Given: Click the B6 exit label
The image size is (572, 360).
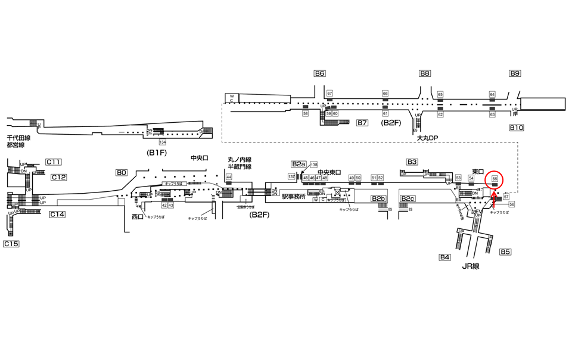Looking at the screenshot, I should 320,73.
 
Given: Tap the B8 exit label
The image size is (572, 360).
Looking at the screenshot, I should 425,73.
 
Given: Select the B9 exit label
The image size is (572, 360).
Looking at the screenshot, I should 515,73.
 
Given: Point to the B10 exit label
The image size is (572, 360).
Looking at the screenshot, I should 516,128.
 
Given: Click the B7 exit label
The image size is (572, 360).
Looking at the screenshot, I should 362,123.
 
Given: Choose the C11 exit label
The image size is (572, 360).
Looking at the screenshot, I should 54,162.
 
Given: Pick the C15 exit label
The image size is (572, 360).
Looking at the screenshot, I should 11,244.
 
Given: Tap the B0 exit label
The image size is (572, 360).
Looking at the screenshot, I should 122,172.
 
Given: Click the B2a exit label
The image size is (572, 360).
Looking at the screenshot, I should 299,164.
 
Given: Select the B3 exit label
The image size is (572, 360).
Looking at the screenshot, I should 412,162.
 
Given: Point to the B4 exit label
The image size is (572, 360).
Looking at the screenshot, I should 444,257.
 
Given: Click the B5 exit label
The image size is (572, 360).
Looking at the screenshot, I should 505,252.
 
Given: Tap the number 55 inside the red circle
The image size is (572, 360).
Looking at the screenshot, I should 495,178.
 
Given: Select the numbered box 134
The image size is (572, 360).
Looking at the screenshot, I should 162,142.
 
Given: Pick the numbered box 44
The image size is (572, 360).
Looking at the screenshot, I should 228,177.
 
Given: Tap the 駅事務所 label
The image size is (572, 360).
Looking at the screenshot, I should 294,196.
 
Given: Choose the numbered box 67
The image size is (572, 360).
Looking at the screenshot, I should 329,94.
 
